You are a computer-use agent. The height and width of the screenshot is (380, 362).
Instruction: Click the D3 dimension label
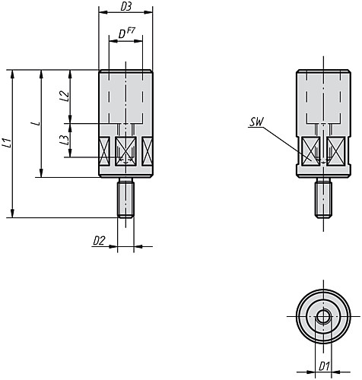(x=125, y=7)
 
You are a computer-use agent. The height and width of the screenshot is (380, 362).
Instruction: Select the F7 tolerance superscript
(x=131, y=31)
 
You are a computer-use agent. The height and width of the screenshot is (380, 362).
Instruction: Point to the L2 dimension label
(x=65, y=97)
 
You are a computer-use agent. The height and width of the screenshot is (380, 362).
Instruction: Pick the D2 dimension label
(x=99, y=241)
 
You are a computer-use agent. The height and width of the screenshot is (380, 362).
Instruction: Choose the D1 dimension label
(x=324, y=366)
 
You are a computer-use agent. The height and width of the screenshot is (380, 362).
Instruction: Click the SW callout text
(x=256, y=122)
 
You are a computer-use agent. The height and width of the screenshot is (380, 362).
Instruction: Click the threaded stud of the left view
(x=125, y=198)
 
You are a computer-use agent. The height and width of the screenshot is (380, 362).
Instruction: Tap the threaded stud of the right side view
(x=324, y=198)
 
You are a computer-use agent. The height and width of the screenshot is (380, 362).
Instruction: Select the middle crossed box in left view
(x=125, y=151)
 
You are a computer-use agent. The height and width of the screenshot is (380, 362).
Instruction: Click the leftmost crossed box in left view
(x=105, y=151)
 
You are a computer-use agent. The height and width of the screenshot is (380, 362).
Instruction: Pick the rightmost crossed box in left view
(x=147, y=151)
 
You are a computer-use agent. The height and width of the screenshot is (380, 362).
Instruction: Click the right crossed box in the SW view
(x=335, y=151)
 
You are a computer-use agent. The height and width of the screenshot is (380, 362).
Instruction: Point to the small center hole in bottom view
(x=323, y=316)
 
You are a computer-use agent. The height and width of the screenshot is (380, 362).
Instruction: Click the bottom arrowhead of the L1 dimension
(x=12, y=214)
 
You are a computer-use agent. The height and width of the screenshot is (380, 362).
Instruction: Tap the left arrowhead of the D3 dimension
(x=103, y=12)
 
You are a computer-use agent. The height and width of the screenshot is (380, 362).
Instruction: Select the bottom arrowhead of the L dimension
(x=41, y=173)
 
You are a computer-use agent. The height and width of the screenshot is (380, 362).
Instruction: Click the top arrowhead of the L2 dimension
(x=70, y=74)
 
